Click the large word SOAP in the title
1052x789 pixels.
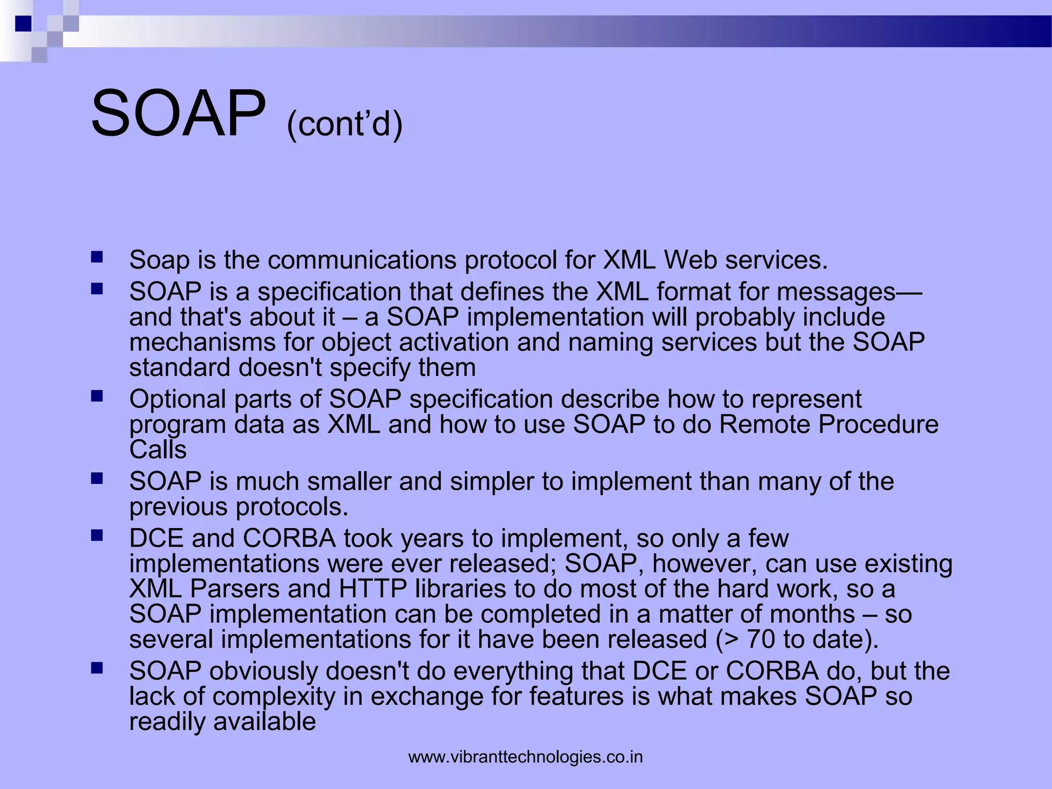pyautogui.click(x=178, y=114)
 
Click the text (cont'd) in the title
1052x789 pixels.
pyautogui.click(x=345, y=124)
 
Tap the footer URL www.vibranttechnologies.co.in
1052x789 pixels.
pyautogui.click(x=525, y=757)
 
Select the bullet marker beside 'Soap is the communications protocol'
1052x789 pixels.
pyautogui.click(x=97, y=257)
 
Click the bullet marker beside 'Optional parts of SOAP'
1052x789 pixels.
pyautogui.click(x=97, y=396)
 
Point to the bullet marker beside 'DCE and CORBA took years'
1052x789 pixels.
pyautogui.click(x=97, y=536)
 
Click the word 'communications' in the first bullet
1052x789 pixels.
pyautogui.click(x=362, y=260)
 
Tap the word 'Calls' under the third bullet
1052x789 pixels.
pyautogui.click(x=158, y=450)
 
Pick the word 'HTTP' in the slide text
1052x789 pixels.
pyautogui.click(x=373, y=589)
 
